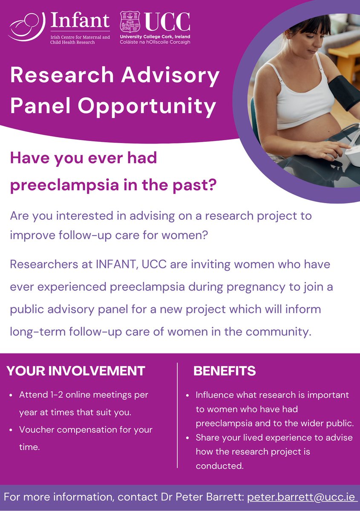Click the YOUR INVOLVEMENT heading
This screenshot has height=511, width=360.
tap(76, 371)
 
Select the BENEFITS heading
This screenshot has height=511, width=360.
tap(225, 371)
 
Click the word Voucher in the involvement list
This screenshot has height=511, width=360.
tap(36, 430)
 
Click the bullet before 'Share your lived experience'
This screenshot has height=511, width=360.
tap(188, 438)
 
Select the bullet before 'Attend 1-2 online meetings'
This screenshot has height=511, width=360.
tap(11, 395)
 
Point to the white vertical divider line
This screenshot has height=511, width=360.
tap(177, 415)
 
